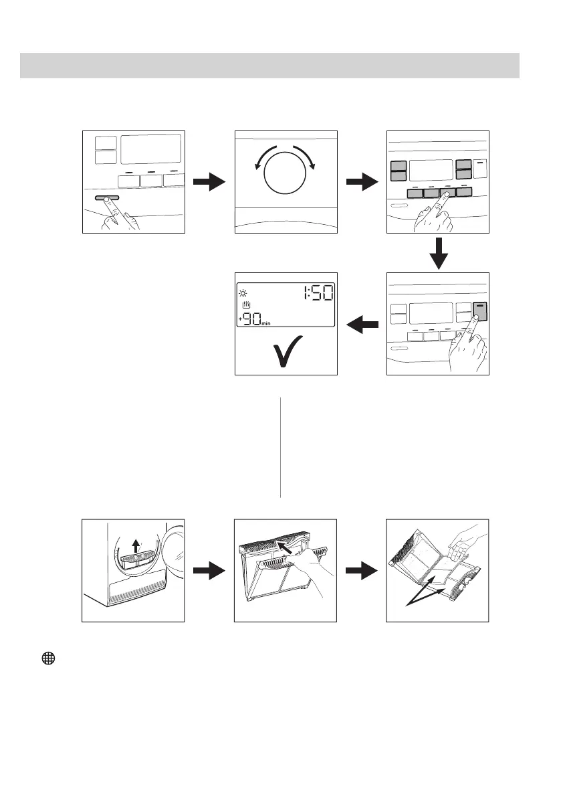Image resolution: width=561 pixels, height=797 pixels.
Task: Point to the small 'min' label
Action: pyautogui.click(x=269, y=323)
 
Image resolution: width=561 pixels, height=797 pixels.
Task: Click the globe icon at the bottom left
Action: pyautogui.click(x=47, y=658)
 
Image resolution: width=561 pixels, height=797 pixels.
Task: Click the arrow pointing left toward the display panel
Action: pyautogui.click(x=361, y=325)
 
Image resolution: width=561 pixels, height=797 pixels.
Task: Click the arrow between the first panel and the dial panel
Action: pyautogui.click(x=209, y=181)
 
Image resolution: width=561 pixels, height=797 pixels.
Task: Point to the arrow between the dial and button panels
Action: pyautogui.click(x=361, y=181)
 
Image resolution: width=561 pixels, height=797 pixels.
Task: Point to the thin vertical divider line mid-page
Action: pyautogui.click(x=280, y=448)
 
